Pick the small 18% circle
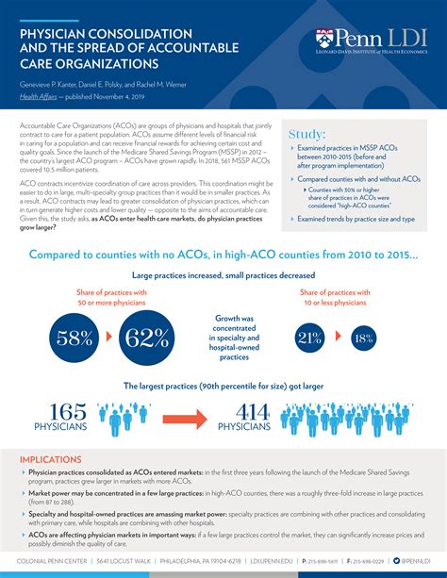pos(363,338)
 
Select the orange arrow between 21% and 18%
pos(338,338)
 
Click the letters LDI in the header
pos(403,39)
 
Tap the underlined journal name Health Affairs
pos(39,96)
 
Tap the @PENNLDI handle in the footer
pos(415,560)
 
